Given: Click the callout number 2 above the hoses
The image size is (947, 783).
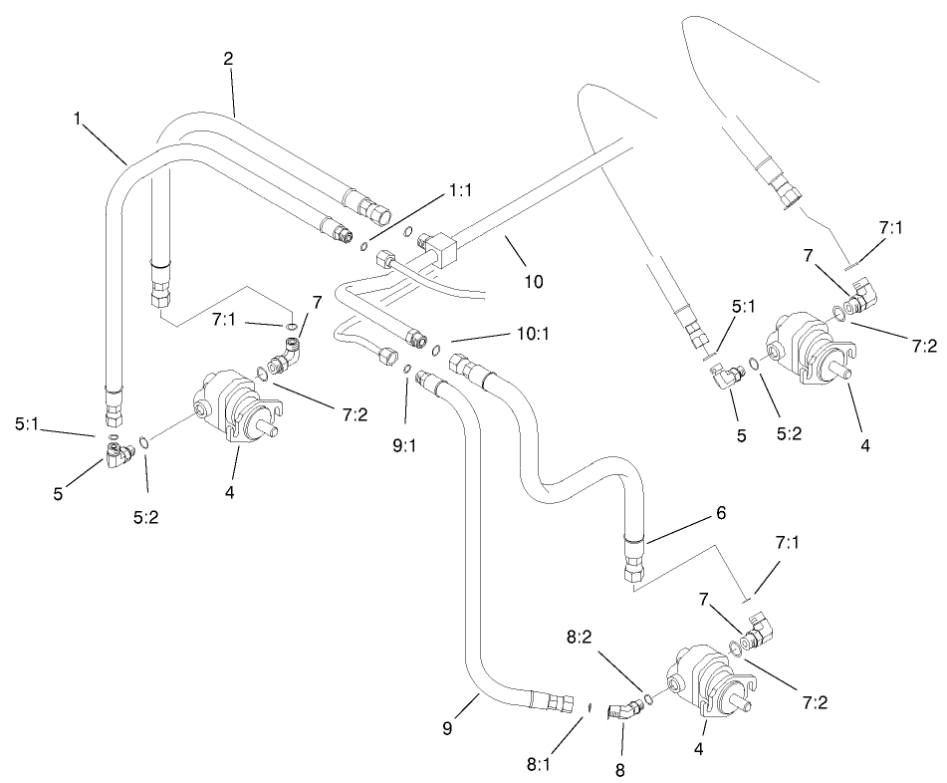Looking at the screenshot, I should click(228, 59).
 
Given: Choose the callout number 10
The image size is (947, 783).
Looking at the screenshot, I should click(534, 281).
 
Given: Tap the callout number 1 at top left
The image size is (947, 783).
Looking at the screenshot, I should click(77, 118).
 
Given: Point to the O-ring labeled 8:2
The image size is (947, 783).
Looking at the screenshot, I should click(649, 699).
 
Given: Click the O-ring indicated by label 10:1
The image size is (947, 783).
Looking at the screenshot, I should click(438, 349).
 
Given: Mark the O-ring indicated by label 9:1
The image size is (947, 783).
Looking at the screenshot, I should click(408, 372).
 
